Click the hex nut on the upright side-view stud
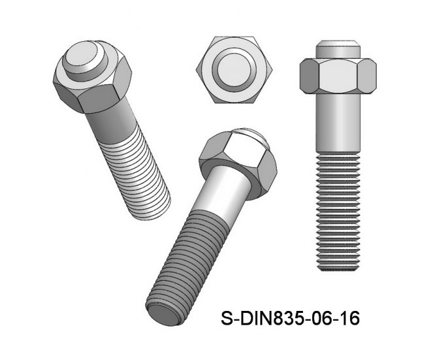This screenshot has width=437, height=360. click(x=337, y=78)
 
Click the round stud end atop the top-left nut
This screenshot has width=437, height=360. click(x=83, y=57)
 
